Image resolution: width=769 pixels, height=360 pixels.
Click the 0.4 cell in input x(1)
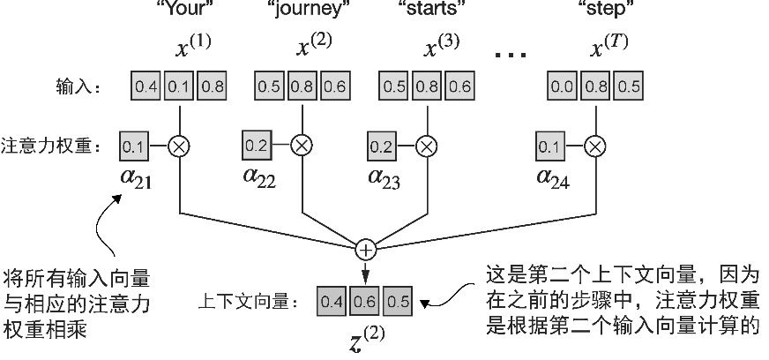(x=146, y=87)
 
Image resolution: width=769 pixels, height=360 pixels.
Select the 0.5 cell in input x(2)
(x=269, y=87)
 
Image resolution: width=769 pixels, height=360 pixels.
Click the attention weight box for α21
(x=132, y=144)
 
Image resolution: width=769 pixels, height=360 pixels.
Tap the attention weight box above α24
(x=549, y=144)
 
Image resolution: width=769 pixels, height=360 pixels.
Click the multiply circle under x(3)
(x=426, y=144)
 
